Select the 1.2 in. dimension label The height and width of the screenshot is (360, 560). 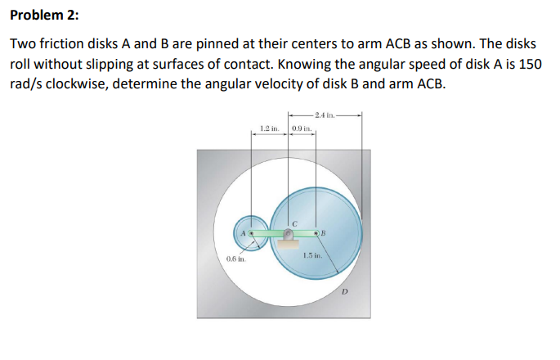[269, 129]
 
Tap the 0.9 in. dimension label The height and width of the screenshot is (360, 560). [302, 129]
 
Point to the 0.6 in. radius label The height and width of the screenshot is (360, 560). [235, 259]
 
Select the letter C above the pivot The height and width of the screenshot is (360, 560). [292, 221]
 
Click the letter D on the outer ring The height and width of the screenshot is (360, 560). [344, 291]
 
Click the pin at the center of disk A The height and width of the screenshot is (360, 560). [252, 234]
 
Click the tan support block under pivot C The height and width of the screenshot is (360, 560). [288, 244]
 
